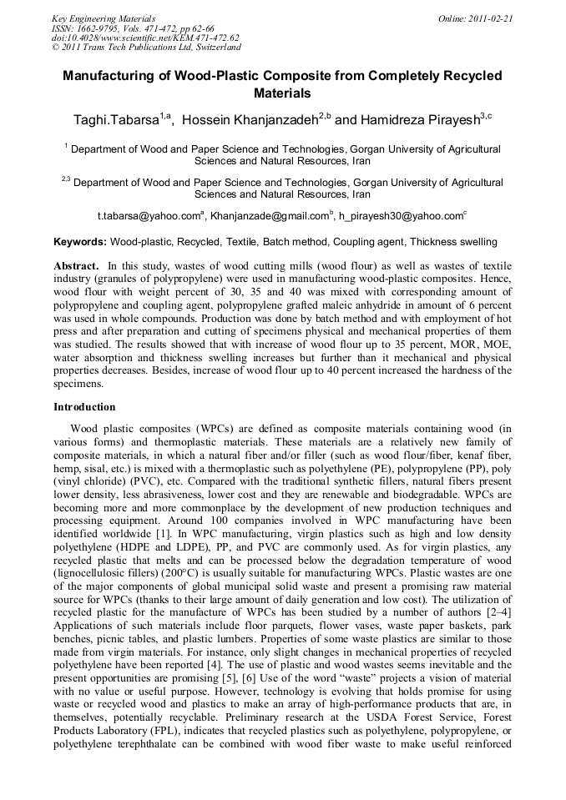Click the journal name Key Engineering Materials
pyautogui.click(x=104, y=18)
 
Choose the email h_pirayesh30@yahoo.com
pyautogui.click(x=402, y=216)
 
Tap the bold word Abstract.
pyautogui.click(x=76, y=264)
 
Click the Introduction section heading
pyautogui.click(x=84, y=407)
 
